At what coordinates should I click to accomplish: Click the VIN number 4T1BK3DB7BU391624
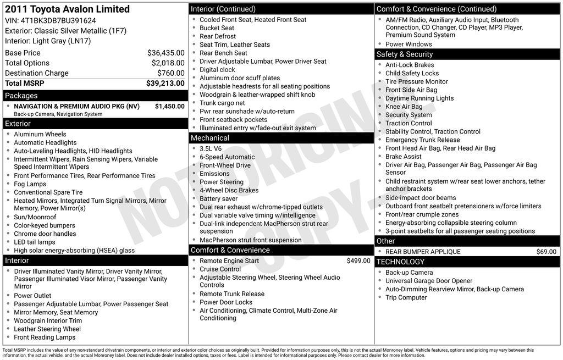[58, 21]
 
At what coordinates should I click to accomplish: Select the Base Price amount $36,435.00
[165, 53]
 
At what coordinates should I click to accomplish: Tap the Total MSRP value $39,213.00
[165, 84]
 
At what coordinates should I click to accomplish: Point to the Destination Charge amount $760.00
[170, 73]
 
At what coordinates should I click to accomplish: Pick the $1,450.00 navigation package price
[169, 106]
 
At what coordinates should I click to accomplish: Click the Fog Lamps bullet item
[30, 184]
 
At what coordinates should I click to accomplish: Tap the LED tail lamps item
[35, 242]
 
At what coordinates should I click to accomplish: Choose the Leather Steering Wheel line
[47, 329]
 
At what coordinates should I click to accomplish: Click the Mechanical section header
[209, 138]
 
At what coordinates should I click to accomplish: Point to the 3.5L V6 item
[211, 148]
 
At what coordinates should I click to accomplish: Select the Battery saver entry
[219, 198]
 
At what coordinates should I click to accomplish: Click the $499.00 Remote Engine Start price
[358, 261]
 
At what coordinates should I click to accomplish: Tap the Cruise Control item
[220, 269]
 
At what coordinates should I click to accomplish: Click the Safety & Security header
[404, 54]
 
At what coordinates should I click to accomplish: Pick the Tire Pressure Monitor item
[416, 82]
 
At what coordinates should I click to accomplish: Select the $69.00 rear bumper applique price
[546, 252]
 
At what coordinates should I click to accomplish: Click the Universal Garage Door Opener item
[429, 281]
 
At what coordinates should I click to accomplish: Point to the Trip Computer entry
[406, 297]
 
